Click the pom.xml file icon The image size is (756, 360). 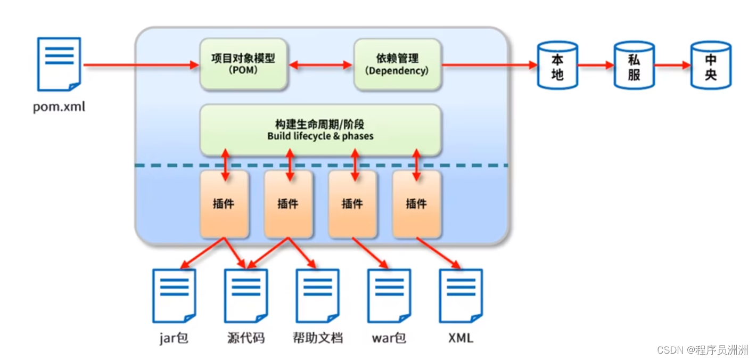point(59,64)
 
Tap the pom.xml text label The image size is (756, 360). point(59,107)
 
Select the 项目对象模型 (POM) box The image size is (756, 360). point(244,64)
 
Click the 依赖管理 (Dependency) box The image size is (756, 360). point(397,64)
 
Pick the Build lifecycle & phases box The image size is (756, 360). point(320,130)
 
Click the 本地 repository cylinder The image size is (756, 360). point(557,65)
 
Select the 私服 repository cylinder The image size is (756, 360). point(634,65)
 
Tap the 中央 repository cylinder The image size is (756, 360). point(711,65)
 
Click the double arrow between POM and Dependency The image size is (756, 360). point(321,65)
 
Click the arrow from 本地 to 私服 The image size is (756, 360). point(595,65)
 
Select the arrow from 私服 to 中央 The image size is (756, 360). point(672,65)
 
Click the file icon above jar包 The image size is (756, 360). point(174,296)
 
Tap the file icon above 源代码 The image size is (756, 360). point(245,296)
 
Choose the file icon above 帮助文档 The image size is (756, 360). point(317,296)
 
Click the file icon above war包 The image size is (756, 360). point(389,296)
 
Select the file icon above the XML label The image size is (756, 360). point(461,296)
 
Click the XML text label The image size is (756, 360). point(461,338)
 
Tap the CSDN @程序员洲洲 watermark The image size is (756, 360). point(702,350)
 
